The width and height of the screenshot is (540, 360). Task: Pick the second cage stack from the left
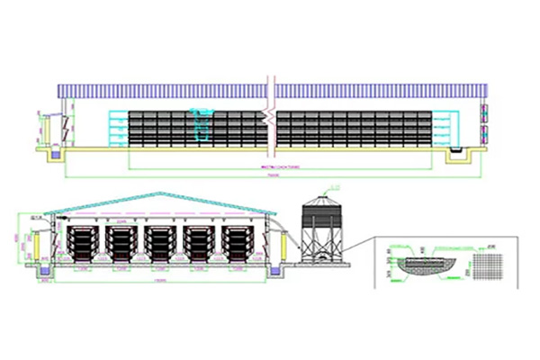tap(121, 243)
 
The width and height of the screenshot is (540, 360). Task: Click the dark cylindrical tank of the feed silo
tap(319, 216)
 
